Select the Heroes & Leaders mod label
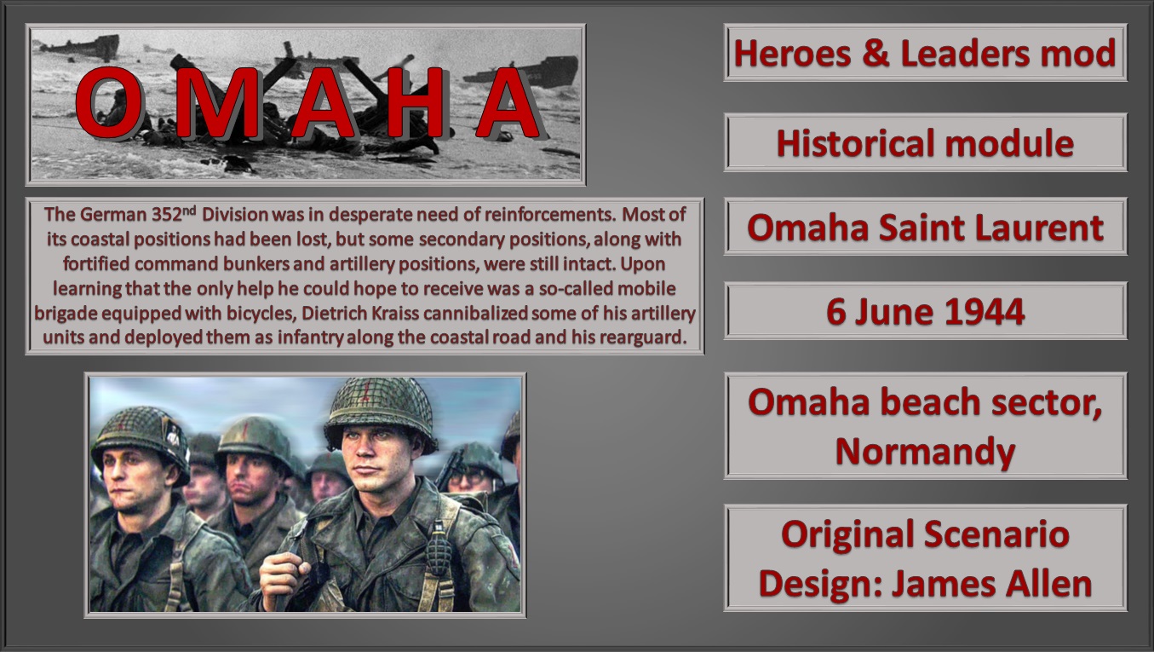pos(925,54)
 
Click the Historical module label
pos(925,143)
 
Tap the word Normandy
pos(925,450)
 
